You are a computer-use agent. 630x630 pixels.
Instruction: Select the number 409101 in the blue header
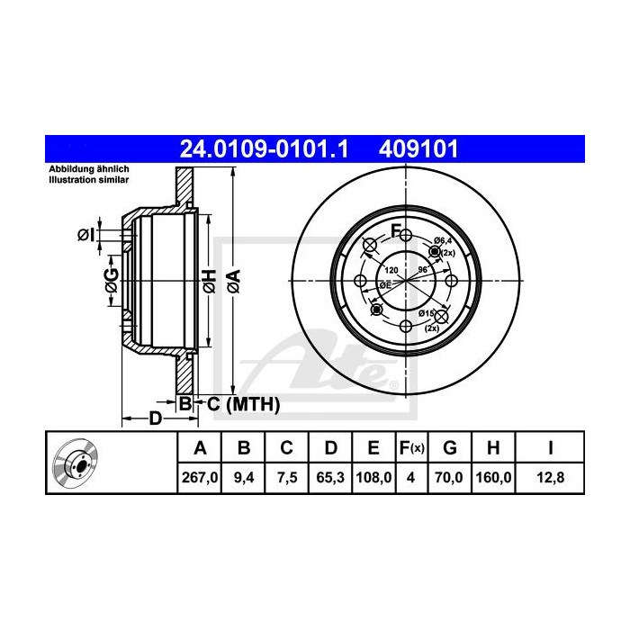tap(423, 148)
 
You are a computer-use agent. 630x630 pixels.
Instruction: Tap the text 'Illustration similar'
tap(89, 180)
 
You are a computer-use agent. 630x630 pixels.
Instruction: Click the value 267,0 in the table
tap(201, 478)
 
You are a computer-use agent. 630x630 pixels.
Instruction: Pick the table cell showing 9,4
tap(243, 478)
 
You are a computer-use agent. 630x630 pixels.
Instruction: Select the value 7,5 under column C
tap(286, 478)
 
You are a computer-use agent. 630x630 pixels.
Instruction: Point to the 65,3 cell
tap(330, 478)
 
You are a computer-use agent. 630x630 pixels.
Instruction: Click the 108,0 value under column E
tap(373, 478)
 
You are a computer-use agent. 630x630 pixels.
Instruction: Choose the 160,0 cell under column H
tap(494, 478)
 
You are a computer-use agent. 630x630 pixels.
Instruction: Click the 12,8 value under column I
tap(549, 478)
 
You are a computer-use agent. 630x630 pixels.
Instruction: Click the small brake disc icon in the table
tap(75, 463)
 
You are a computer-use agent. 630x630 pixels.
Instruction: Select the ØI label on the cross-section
tap(85, 235)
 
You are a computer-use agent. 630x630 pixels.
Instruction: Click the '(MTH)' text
tap(253, 405)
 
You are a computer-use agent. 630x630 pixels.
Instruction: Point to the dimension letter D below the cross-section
tap(154, 419)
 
